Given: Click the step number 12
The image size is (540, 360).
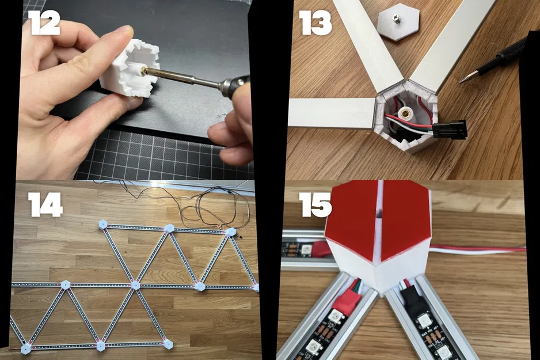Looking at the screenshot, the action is (45, 22).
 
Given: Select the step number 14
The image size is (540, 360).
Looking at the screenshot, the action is (45, 204).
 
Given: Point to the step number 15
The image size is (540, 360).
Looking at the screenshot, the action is (315, 204).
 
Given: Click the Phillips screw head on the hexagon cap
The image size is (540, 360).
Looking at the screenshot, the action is (398, 17).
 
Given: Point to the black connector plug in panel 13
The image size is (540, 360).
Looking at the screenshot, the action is (450, 129).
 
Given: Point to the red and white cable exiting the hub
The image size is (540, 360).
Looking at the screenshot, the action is (478, 250).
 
